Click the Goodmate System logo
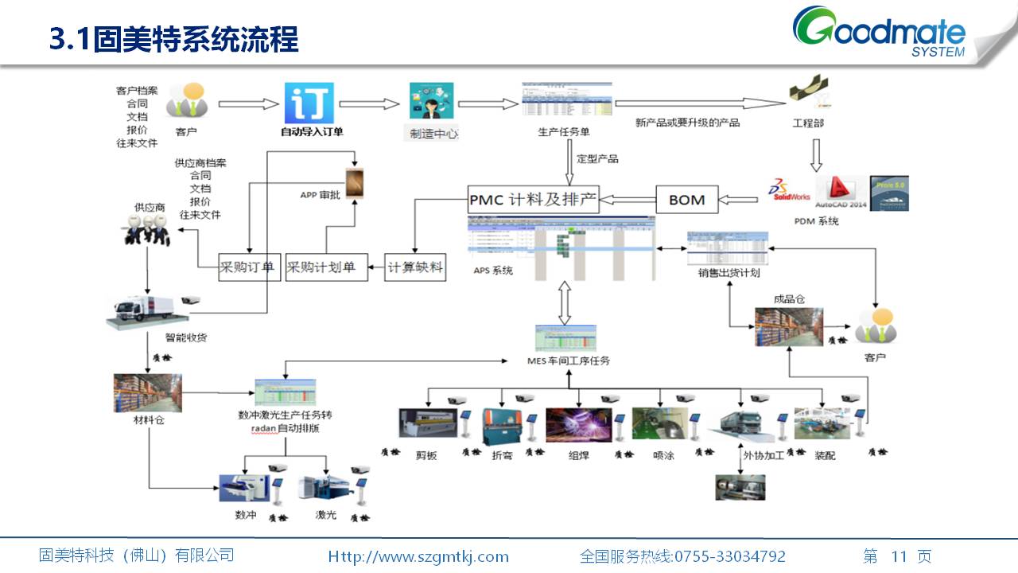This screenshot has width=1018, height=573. point(880,32)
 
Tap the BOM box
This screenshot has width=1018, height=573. point(686,200)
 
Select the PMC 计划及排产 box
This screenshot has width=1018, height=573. point(533,199)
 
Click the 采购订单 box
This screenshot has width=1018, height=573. point(247,267)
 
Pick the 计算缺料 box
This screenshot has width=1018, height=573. point(414,267)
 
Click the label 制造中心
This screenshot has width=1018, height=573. point(433,134)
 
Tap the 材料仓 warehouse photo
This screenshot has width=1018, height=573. point(147,393)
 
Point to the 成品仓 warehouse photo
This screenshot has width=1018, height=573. point(788,326)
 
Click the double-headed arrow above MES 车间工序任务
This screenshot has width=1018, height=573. point(565,302)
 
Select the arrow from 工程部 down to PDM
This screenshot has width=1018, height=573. point(815,155)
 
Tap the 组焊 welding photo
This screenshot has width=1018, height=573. point(578,425)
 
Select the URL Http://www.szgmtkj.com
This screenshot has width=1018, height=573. point(418,556)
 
